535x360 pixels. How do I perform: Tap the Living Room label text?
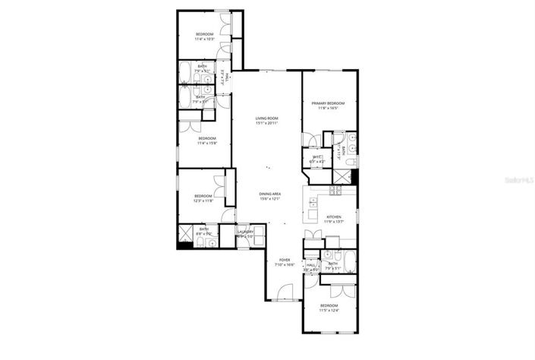point(266,118)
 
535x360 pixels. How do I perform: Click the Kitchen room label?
point(334,216)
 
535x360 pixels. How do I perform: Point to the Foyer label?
point(284,260)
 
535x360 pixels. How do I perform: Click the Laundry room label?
point(244,232)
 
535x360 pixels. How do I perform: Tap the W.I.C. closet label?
point(317,158)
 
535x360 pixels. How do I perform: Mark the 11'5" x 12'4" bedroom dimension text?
point(329,309)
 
